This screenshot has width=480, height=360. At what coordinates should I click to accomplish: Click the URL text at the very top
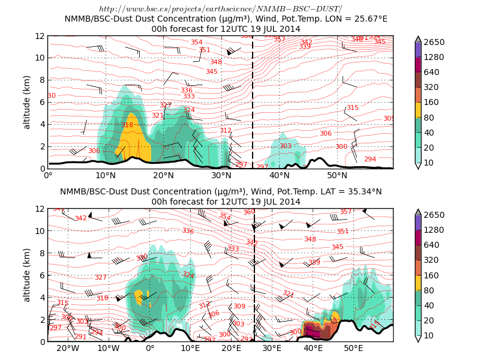pyautogui.click(x=220, y=8)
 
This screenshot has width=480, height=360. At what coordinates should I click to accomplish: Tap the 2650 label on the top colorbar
pyautogui.click(x=434, y=42)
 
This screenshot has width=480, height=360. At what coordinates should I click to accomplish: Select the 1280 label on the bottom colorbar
pyautogui.click(x=434, y=230)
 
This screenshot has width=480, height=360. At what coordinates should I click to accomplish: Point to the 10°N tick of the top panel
pyautogui.click(x=106, y=176)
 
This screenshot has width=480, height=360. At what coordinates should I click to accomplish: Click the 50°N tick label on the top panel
pyautogui.click(x=337, y=176)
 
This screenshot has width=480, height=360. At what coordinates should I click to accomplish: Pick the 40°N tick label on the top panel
pyautogui.click(x=280, y=176)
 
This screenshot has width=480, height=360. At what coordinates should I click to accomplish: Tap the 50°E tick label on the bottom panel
pyautogui.click(x=353, y=349)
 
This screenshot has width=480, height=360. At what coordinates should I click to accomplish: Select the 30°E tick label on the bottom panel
pyautogui.click(x=272, y=349)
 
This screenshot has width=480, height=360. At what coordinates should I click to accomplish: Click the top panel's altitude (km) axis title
pyautogui.click(x=27, y=102)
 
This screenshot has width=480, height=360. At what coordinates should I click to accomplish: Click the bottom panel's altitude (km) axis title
pyautogui.click(x=27, y=275)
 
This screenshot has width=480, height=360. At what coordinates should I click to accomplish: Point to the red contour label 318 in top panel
pyautogui.click(x=127, y=125)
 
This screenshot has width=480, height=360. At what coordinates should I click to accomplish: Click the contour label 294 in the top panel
pyautogui.click(x=370, y=159)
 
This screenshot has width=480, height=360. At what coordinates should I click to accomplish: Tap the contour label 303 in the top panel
pyautogui.click(x=285, y=146)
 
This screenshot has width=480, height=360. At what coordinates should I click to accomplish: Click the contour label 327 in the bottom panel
pyautogui.click(x=100, y=277)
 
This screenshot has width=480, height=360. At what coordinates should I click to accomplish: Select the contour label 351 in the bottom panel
pyautogui.click(x=343, y=231)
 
